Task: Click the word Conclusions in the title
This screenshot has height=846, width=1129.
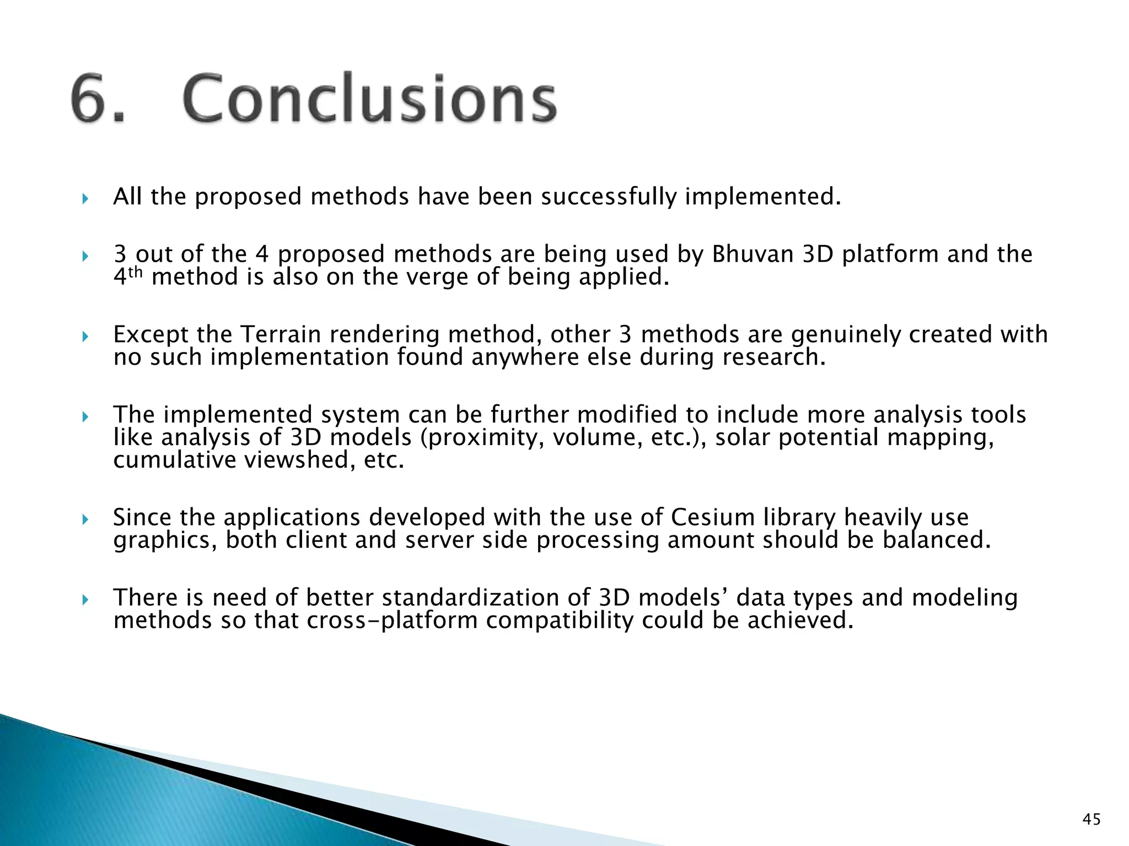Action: click(369, 99)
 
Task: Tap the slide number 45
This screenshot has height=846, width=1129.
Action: click(1092, 820)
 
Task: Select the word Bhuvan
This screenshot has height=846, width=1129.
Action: click(752, 254)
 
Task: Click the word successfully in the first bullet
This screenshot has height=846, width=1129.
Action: click(608, 197)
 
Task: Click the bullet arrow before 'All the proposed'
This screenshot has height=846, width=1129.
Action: click(85, 198)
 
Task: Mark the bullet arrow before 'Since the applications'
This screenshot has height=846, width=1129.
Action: click(85, 519)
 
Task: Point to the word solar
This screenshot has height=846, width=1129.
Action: click(742, 438)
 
